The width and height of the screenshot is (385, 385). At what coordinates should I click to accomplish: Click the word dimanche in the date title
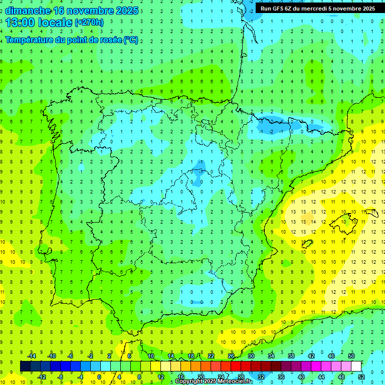(x=28, y=11)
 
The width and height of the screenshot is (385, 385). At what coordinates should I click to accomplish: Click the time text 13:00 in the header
(x=23, y=23)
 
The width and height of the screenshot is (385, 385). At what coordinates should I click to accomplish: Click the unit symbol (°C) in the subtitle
(x=131, y=40)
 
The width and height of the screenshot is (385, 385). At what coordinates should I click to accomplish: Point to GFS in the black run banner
(x=278, y=9)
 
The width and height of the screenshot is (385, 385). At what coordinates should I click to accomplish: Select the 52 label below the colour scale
(x=361, y=377)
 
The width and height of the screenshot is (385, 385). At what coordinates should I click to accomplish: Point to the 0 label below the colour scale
(x=99, y=377)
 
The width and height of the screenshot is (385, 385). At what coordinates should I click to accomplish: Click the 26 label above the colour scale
(x=231, y=356)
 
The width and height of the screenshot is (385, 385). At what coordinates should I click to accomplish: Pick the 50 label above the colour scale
(x=351, y=356)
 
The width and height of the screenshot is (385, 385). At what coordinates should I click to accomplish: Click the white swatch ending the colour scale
(x=356, y=366)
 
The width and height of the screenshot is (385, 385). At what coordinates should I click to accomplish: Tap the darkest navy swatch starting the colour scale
(x=25, y=366)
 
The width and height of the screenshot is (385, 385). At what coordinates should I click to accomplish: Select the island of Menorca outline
(x=372, y=213)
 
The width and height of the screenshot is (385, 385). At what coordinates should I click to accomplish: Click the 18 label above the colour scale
(x=191, y=356)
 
